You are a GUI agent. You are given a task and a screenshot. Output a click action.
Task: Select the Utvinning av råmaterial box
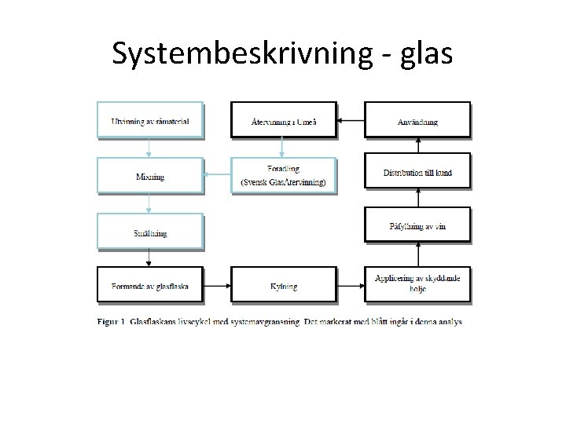(x=149, y=120)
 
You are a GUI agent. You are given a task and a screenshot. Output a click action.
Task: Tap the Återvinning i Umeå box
(x=284, y=120)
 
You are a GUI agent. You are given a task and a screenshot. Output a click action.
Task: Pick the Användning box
(x=417, y=120)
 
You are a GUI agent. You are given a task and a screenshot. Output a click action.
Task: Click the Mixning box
(x=149, y=176)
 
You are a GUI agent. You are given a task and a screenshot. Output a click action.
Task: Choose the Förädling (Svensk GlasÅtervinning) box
(x=284, y=176)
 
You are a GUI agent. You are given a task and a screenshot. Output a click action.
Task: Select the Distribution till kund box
(x=417, y=172)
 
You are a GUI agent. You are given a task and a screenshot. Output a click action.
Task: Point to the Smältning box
(x=149, y=232)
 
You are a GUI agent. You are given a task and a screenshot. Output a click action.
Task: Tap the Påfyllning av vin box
(x=417, y=225)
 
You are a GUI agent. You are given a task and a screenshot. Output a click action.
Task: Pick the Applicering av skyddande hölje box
(x=417, y=283)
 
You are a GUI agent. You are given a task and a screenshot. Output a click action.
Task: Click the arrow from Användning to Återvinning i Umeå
(x=351, y=121)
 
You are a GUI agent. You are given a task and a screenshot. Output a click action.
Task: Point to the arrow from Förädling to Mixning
(x=217, y=176)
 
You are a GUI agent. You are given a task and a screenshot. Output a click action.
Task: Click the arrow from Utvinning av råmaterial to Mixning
(x=149, y=148)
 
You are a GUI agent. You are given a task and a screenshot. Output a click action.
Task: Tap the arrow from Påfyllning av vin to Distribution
(x=417, y=199)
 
